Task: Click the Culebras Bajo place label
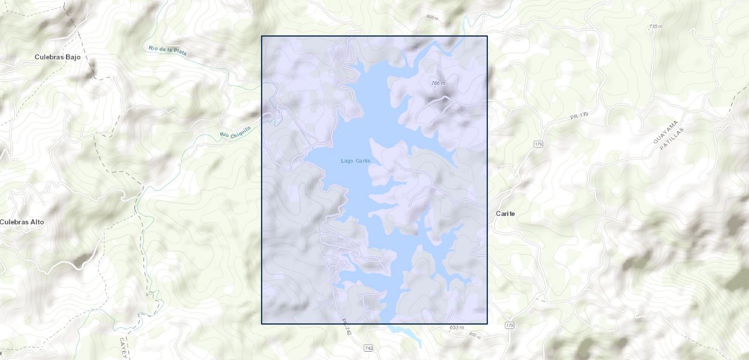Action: pyautogui.click(x=58, y=58)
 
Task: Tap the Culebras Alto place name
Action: pyautogui.click(x=22, y=222)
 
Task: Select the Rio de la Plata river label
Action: pyautogui.click(x=167, y=51)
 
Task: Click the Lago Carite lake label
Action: pyautogui.click(x=355, y=161)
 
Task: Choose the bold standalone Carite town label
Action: pyautogui.click(x=505, y=214)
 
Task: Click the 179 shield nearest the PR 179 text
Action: pyautogui.click(x=538, y=145)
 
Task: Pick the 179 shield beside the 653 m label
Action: pyautogui.click(x=510, y=325)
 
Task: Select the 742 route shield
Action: pyautogui.click(x=368, y=348)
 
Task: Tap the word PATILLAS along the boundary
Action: pyautogui.click(x=672, y=139)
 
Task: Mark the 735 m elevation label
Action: pyautogui.click(x=655, y=27)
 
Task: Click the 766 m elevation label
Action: pyautogui.click(x=438, y=83)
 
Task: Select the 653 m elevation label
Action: pyautogui.click(x=457, y=328)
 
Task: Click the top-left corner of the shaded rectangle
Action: pyautogui.click(x=262, y=36)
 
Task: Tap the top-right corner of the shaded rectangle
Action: pyautogui.click(x=487, y=36)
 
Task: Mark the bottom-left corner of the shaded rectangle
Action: pyautogui.click(x=262, y=324)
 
